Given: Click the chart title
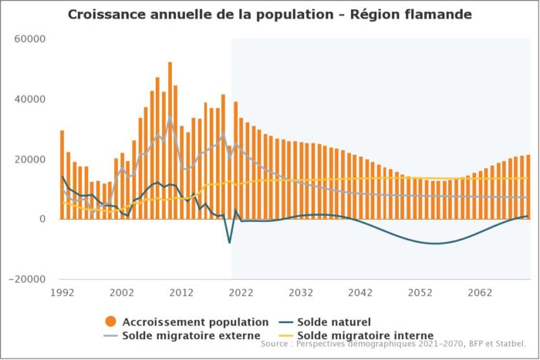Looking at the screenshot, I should [270, 15].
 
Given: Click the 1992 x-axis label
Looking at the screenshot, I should [62, 293].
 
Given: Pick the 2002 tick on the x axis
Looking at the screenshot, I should [122, 293].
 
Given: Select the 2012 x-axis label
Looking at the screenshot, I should [181, 293].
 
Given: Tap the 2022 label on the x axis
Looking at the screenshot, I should [241, 293].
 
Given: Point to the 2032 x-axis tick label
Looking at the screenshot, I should [301, 293].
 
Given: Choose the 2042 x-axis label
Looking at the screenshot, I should [360, 293].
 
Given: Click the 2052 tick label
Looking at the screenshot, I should [420, 293].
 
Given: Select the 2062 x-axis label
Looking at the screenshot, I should [480, 293].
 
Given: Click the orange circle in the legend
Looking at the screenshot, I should [110, 321].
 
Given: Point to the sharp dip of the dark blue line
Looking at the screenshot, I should [229, 242].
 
